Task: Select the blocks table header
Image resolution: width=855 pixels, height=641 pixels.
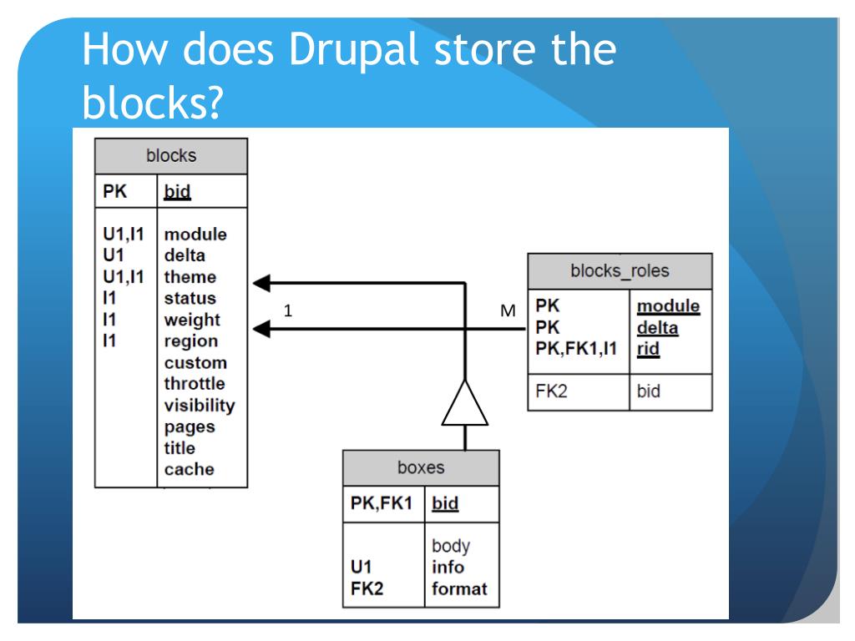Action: click(170, 156)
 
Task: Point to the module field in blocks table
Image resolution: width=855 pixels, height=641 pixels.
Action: click(195, 235)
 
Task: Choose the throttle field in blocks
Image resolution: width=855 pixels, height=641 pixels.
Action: click(195, 384)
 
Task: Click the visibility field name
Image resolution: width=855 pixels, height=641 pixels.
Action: click(200, 406)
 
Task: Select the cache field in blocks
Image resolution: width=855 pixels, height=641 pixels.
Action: click(189, 469)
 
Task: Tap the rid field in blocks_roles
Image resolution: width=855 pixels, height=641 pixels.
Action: click(649, 351)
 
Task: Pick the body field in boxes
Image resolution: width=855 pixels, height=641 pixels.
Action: click(450, 547)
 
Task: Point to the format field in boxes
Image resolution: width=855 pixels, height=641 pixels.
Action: click(459, 589)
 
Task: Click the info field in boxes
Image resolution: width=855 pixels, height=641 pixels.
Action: click(448, 568)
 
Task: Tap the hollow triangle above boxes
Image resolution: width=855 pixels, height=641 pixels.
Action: click(463, 403)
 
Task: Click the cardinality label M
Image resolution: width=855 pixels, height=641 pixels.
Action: click(507, 311)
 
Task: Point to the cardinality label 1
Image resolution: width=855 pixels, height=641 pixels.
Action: click(288, 310)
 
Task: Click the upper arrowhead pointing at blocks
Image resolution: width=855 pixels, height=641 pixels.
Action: click(261, 283)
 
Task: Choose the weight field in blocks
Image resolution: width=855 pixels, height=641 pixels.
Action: click(192, 320)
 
